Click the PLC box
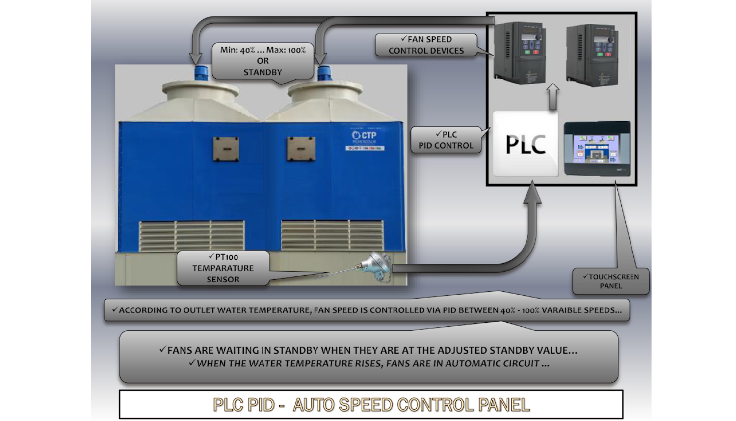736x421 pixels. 526,144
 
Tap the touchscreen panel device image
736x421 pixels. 597,148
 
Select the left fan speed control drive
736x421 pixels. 520,53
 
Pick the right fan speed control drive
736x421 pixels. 592,55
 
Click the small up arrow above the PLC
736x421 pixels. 553,96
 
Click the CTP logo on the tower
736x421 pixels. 364,135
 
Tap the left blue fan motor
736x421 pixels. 201,73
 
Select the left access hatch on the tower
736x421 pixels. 226,149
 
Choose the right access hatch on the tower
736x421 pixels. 301,149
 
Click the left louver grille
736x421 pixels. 192,235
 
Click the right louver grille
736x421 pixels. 332,234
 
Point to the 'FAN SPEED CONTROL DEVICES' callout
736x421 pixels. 426,45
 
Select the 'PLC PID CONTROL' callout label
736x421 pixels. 446,140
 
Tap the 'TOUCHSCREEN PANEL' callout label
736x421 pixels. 610,281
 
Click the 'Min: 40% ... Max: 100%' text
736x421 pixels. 263,50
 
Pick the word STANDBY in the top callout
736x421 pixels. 263,72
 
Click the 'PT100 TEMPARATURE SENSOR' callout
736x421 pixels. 223,268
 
